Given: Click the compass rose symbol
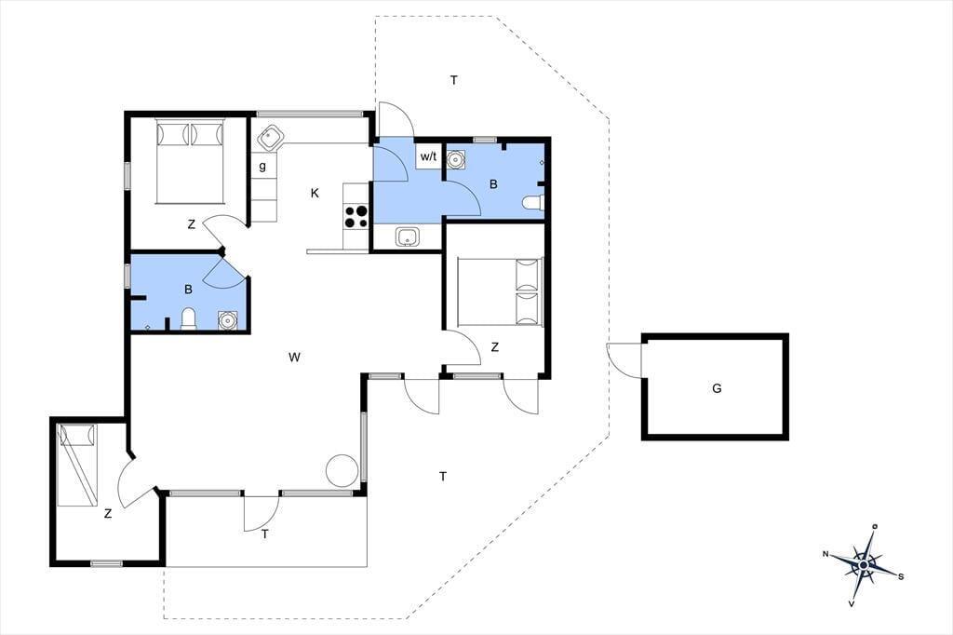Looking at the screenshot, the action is click(864, 565).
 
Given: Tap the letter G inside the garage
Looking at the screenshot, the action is click(717, 388).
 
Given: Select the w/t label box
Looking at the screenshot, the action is click(428, 156).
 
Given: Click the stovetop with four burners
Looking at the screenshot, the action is click(356, 217).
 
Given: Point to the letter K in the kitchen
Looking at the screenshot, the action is click(315, 194).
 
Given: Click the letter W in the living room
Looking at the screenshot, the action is click(295, 357).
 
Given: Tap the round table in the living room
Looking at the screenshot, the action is click(342, 471).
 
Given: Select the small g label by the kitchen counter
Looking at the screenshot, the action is click(262, 166).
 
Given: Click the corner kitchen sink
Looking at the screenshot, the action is click(268, 138).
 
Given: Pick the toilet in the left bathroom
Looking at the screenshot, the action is click(189, 318).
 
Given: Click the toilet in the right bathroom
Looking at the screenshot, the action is click(533, 203).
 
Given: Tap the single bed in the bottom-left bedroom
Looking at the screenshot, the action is click(77, 465).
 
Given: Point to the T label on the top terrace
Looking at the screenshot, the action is click(454, 80).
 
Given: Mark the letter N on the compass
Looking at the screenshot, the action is click(825, 553).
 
